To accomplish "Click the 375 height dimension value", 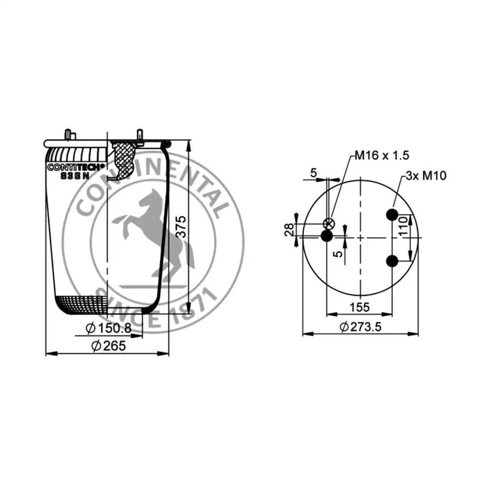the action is click(x=181, y=227).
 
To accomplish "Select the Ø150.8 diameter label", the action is click(x=108, y=328).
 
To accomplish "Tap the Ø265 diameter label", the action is click(x=108, y=346).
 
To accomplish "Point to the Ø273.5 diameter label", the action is click(x=360, y=327).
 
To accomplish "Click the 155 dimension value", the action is click(x=360, y=307).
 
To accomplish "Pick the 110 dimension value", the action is click(x=403, y=226).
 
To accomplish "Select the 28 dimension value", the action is click(x=289, y=230).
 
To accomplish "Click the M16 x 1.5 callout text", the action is click(x=382, y=155).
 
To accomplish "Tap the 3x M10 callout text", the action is click(x=426, y=175).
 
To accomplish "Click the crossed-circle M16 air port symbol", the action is click(x=329, y=224).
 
